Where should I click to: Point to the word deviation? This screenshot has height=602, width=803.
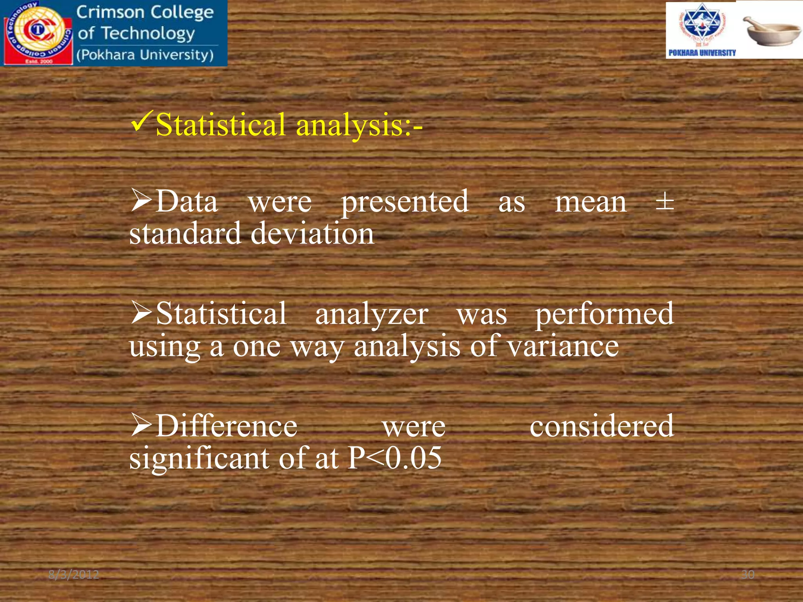coord(312,234)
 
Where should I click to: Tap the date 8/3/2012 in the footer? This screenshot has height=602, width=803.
coord(74,575)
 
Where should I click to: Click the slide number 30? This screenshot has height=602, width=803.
coord(748,575)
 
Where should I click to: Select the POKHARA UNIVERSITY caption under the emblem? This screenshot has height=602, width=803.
coord(702,53)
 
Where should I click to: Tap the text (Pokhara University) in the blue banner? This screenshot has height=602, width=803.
coord(145,55)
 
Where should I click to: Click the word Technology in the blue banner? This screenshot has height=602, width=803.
coord(148,34)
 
